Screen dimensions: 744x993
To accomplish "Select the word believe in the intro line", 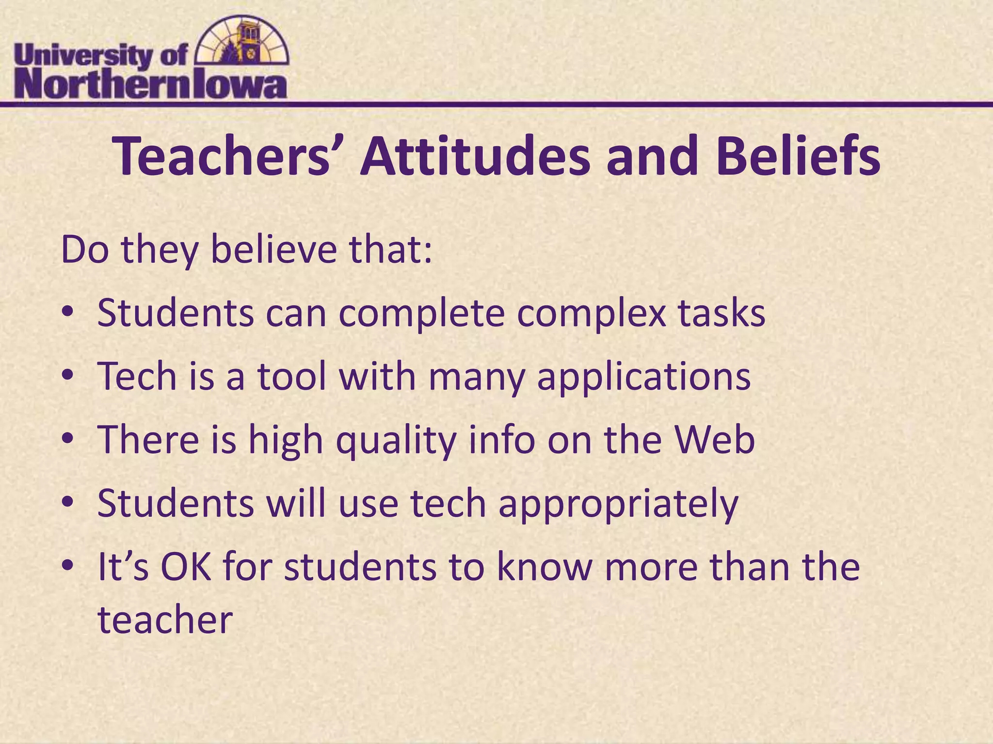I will click(x=273, y=250).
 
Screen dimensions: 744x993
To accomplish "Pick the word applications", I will click(x=644, y=378).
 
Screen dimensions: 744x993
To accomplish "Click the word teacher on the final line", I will click(x=165, y=620).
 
